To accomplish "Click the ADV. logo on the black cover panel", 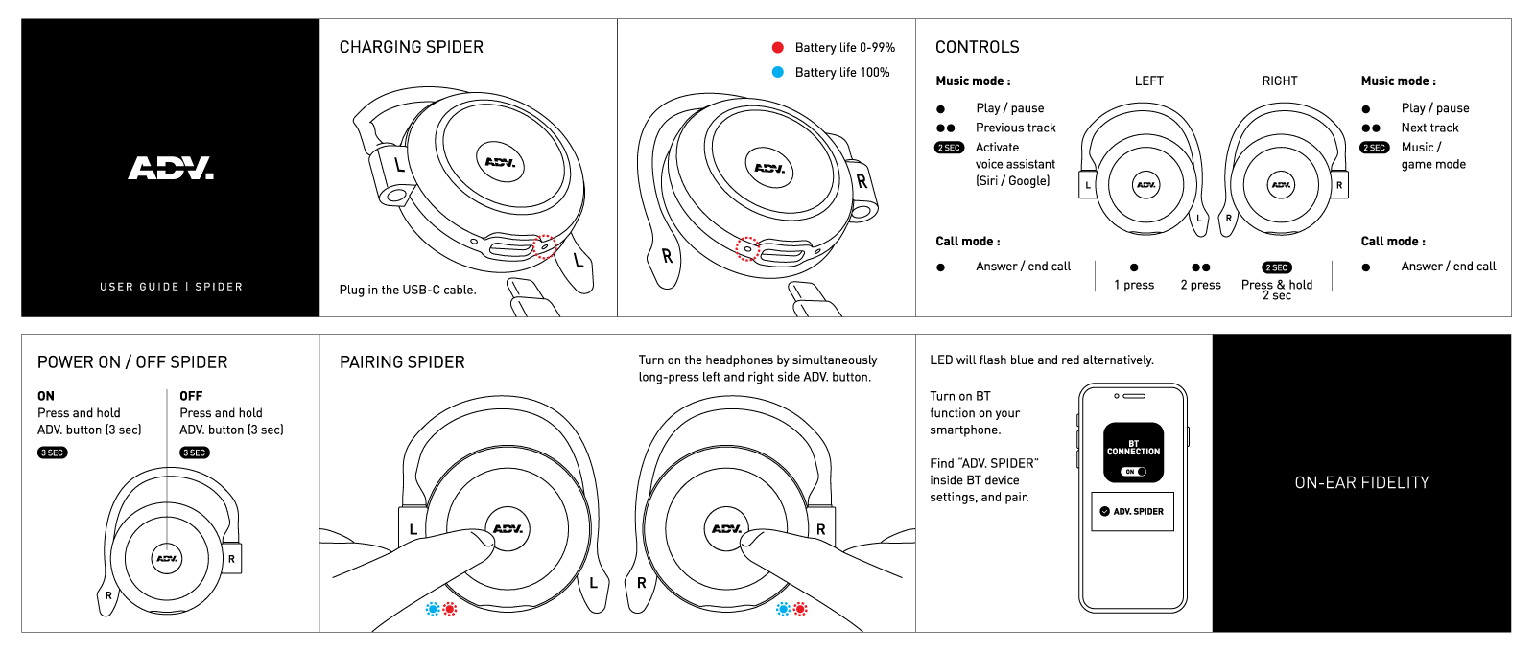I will tap(171, 169).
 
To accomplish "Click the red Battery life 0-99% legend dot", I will tap(778, 47).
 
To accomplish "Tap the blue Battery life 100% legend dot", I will tap(778, 72).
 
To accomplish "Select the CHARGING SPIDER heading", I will tap(411, 47).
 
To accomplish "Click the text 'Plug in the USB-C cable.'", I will tap(407, 290).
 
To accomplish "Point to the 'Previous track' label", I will tap(1015, 128).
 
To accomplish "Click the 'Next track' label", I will tap(1429, 128).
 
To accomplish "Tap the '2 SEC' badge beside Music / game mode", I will tap(1375, 148).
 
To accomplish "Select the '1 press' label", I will tap(1134, 285).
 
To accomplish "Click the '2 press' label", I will tap(1200, 285).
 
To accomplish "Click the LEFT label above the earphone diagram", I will tap(1148, 81).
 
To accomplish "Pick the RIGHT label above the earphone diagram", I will tap(1279, 81).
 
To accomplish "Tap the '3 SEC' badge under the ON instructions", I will tap(53, 453).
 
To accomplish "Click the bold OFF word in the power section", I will tap(191, 396).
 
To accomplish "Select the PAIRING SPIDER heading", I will tap(402, 362).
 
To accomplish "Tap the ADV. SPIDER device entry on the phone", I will tap(1132, 511).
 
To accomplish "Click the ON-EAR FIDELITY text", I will tap(1361, 483).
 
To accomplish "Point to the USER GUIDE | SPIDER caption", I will tap(171, 287).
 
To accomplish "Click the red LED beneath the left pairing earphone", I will tap(450, 609).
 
